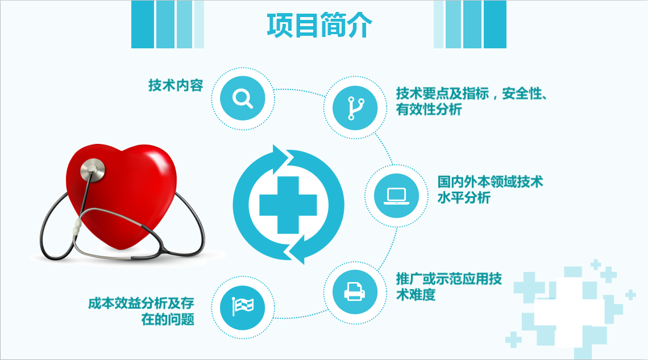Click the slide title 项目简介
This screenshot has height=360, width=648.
point(319,26)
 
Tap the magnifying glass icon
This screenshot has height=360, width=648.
point(243,98)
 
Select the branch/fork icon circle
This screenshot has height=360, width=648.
point(355,108)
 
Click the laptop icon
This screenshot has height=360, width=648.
point(396,196)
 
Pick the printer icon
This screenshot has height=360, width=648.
point(355,292)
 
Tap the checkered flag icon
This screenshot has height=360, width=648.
point(243,307)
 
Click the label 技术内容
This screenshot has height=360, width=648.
point(176,85)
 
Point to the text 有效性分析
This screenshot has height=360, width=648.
point(429,110)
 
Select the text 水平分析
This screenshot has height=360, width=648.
point(464,197)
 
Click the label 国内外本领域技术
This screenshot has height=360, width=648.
point(491,181)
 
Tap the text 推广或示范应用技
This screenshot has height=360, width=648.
point(449,279)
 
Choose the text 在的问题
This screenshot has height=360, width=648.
point(168,319)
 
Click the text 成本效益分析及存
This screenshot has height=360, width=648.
point(141,303)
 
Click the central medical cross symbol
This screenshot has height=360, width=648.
point(288,205)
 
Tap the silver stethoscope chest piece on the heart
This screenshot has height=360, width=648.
point(93,170)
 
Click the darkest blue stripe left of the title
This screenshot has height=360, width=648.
point(143,24)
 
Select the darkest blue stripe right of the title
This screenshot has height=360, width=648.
point(495,24)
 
